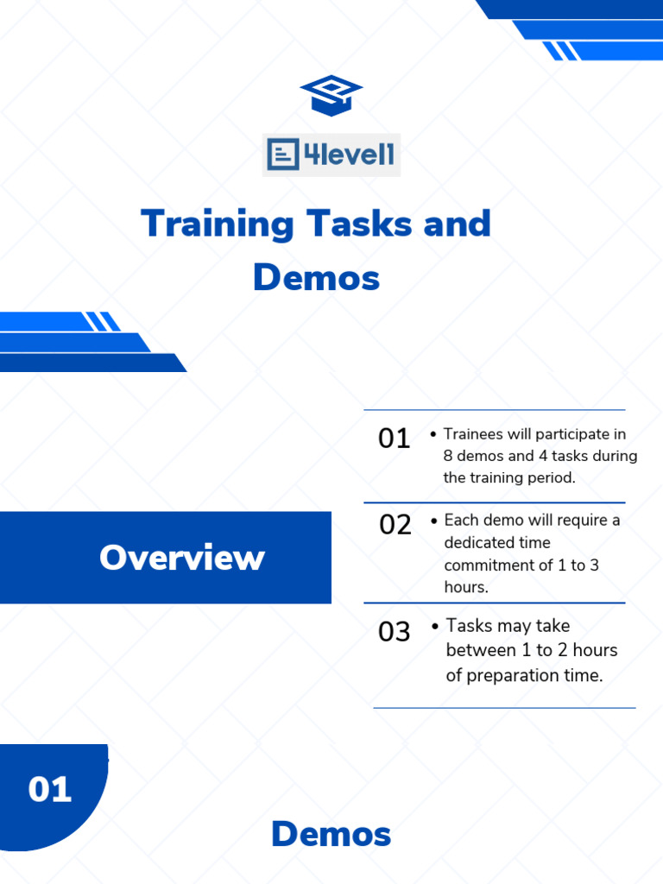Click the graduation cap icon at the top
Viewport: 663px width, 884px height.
tap(331, 95)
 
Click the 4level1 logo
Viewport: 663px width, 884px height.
tap(331, 155)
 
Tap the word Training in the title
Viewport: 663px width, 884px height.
tap(217, 224)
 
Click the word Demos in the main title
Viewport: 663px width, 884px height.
tap(316, 278)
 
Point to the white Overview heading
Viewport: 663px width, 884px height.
tap(181, 558)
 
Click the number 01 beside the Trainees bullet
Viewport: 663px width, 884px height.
tap(395, 439)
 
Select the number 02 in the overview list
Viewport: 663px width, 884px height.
tap(395, 525)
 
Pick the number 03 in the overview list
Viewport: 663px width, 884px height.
tap(395, 632)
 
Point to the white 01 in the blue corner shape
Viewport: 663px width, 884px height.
tap(50, 790)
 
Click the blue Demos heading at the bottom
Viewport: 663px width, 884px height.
tap(331, 835)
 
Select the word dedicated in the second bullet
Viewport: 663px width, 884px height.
tap(479, 542)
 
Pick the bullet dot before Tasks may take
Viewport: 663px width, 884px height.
tap(434, 627)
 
